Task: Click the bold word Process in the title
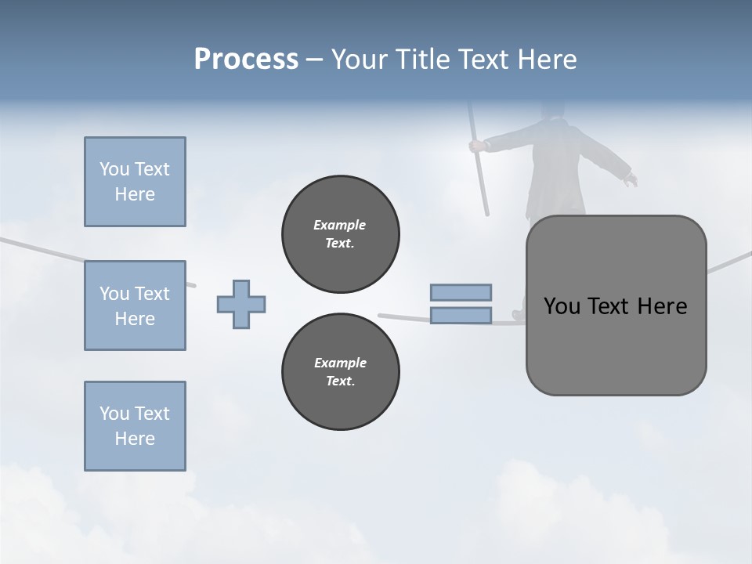pos(246,60)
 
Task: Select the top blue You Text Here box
pos(135,182)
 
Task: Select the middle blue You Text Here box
pos(135,305)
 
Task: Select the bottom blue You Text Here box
pos(135,426)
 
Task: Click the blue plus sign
pos(241,304)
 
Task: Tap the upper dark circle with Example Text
pos(341,234)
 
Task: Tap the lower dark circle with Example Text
pos(341,372)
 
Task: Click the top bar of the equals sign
pos(461,292)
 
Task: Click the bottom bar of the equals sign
pos(461,316)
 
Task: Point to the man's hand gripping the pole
pos(475,146)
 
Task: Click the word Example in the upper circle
pos(339,225)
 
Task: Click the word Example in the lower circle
pos(340,363)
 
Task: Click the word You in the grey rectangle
pos(562,306)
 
